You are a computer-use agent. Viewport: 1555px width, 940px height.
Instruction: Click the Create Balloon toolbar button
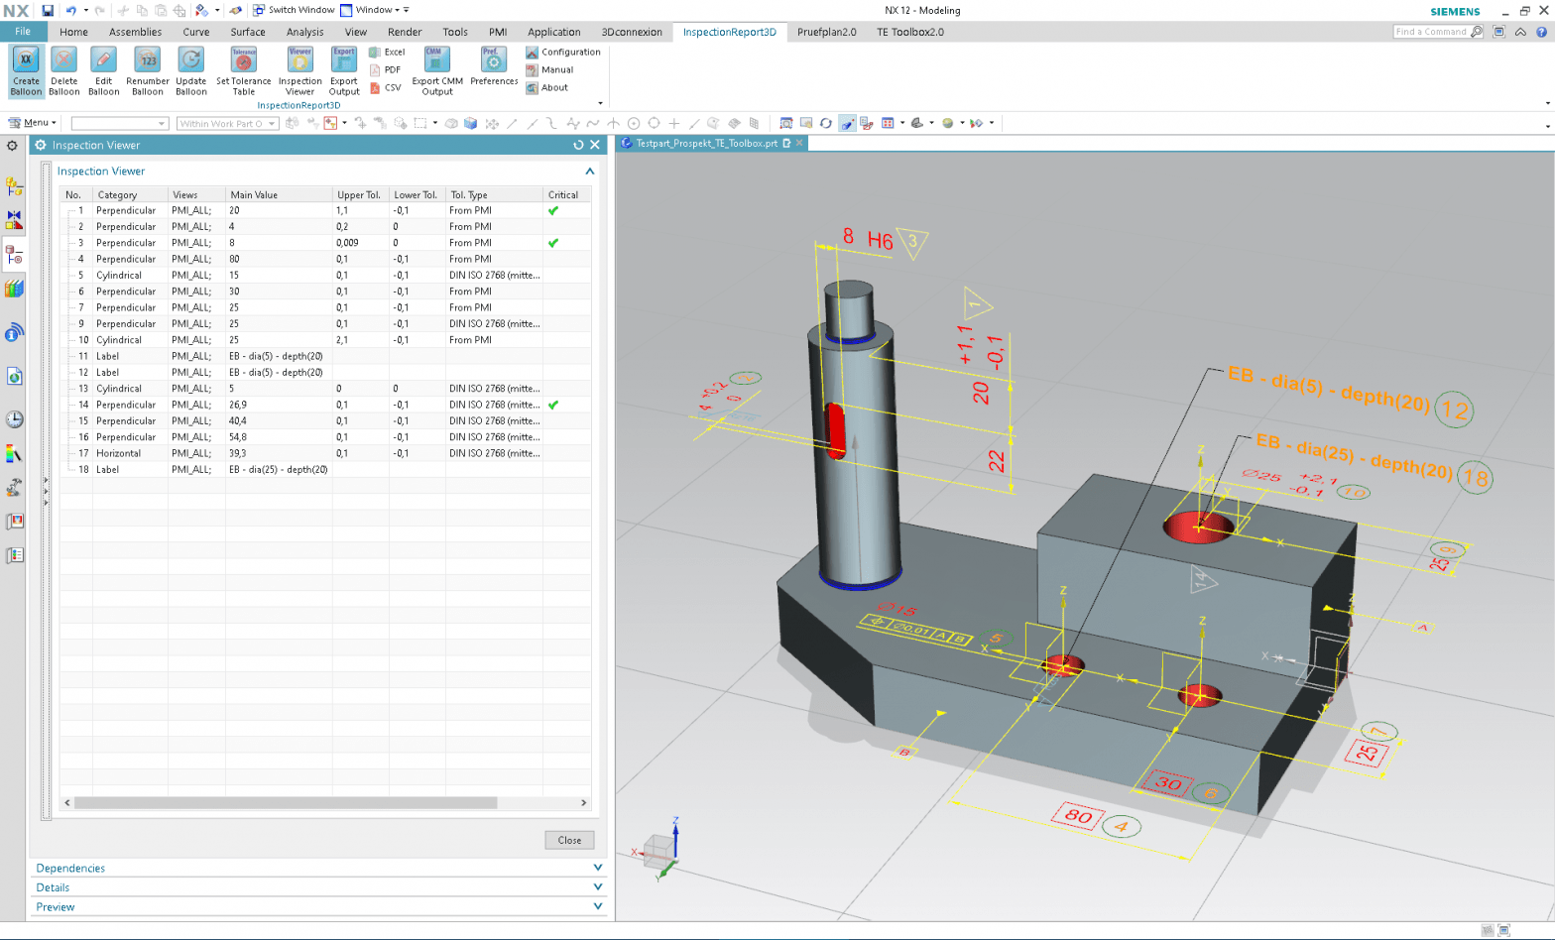point(26,70)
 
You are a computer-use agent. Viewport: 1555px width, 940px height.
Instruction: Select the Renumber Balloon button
point(147,70)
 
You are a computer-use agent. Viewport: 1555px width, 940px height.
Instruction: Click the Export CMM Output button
point(437,70)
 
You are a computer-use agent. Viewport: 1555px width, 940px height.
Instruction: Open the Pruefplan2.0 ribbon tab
point(826,32)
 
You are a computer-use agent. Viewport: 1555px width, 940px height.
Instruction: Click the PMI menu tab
point(498,32)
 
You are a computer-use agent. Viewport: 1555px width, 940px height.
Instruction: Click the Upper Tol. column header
point(359,194)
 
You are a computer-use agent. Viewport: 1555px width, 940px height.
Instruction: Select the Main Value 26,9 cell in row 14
point(239,405)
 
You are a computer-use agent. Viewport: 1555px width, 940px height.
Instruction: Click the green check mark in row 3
point(553,243)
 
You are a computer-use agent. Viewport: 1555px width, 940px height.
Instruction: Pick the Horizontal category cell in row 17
point(119,453)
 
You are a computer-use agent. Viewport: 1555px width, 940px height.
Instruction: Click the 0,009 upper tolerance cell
point(348,243)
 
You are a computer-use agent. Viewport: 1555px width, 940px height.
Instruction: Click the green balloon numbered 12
point(1455,410)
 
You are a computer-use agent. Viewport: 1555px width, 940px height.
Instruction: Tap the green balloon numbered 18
point(1476,479)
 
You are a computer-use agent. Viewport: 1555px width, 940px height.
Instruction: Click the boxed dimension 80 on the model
point(1078,817)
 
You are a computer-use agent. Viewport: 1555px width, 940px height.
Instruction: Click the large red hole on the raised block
point(1199,526)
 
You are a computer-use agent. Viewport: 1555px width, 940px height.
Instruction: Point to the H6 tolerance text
point(880,240)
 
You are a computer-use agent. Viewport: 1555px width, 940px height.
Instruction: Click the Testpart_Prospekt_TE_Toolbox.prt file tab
point(706,143)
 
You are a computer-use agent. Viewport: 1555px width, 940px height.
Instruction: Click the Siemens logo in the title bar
point(1455,11)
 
